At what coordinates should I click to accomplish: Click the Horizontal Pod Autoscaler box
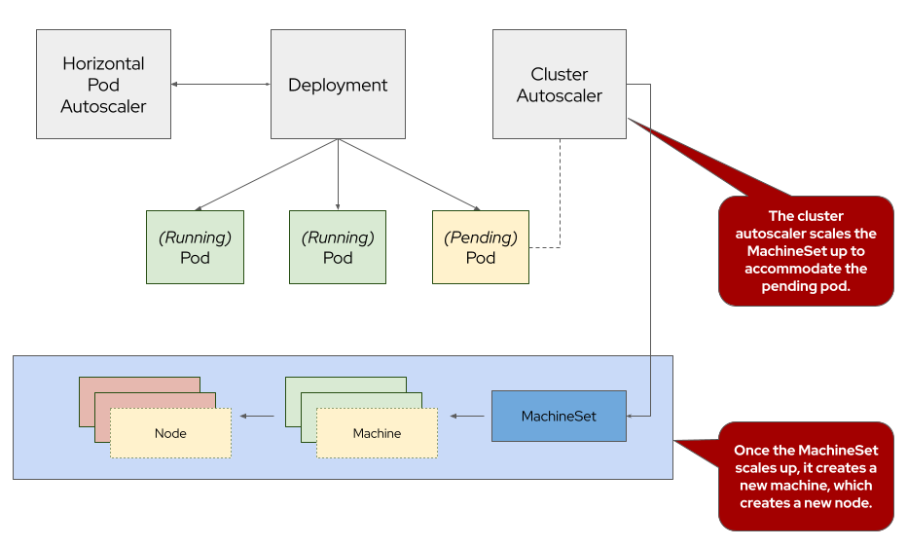coord(103,84)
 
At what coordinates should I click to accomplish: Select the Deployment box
coord(338,84)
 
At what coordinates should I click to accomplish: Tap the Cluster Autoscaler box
coord(559,84)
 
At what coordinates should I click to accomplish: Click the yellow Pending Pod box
coord(480,247)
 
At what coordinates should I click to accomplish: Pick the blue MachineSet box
coord(559,416)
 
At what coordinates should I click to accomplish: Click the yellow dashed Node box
coord(170,433)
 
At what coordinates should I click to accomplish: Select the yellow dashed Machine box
coord(377,433)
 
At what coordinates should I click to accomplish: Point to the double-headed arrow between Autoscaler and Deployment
coord(221,85)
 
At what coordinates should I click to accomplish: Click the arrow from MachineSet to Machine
coord(467,417)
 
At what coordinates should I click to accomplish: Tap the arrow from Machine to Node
coord(257,417)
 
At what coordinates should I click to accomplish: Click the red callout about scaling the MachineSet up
coord(806,251)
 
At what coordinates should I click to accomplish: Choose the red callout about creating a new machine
coord(806,476)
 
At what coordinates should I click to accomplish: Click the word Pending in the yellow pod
coord(480,237)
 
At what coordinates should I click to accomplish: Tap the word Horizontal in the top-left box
coord(103,63)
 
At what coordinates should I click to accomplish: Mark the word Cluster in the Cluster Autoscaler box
coord(559,74)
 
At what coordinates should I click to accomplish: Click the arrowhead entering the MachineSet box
coord(632,416)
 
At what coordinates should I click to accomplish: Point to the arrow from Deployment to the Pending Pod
coord(409,175)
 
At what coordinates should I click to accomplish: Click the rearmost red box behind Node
coord(139,383)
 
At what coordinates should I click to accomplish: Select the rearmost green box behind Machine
coord(345,383)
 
